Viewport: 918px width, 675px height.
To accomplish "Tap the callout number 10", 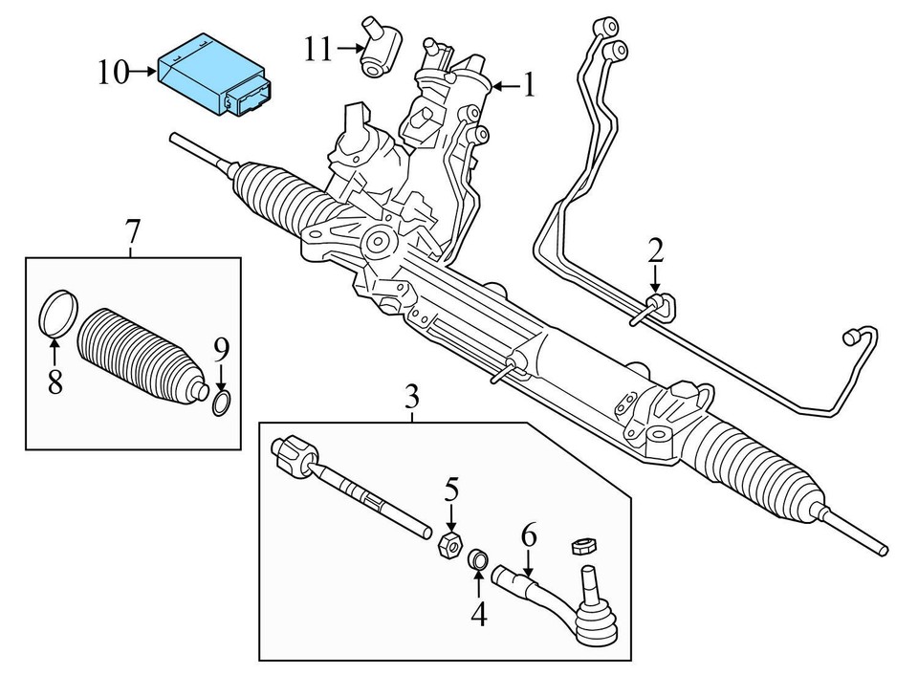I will pyautogui.click(x=113, y=72).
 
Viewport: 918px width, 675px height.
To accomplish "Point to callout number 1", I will pyautogui.click(x=528, y=87).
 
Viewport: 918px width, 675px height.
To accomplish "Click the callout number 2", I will pyautogui.click(x=654, y=251).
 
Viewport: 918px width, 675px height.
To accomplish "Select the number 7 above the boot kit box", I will pyautogui.click(x=132, y=231).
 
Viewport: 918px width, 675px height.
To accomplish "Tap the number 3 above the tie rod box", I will pyautogui.click(x=412, y=396).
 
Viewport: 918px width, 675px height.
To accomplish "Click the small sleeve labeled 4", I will pyautogui.click(x=477, y=559).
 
